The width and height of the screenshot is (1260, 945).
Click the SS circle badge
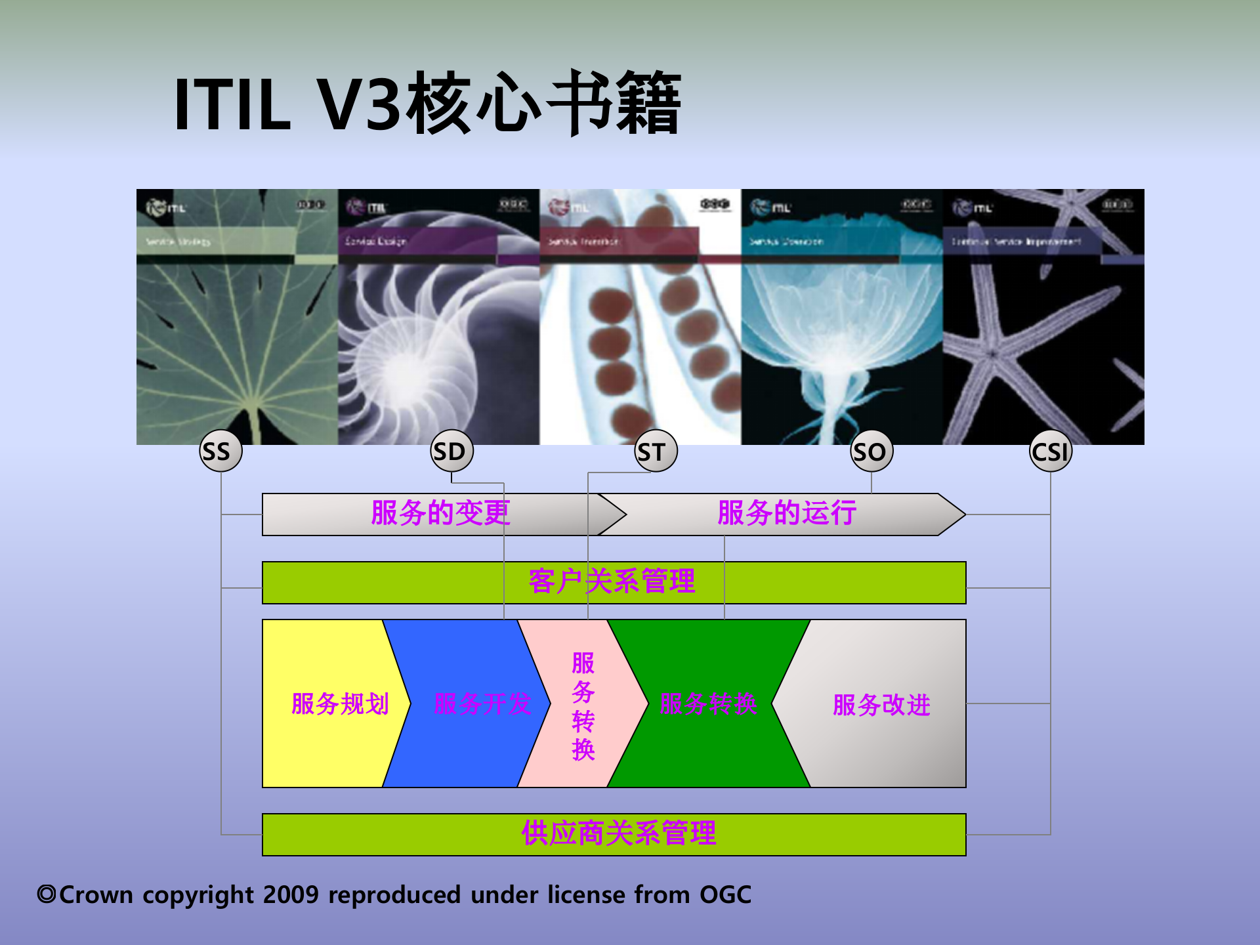(x=220, y=451)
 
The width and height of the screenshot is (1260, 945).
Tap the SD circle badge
(x=451, y=451)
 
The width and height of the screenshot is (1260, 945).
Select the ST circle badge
(x=656, y=451)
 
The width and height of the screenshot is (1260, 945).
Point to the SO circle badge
(x=871, y=451)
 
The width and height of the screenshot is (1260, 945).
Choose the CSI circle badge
(x=1050, y=451)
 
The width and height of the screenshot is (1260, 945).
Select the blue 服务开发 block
(x=472, y=704)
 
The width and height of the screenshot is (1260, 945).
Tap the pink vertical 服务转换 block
(x=583, y=705)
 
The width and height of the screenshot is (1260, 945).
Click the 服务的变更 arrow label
(x=440, y=513)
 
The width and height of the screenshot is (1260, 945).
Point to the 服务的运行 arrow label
(x=787, y=513)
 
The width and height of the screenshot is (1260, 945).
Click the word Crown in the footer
(x=96, y=895)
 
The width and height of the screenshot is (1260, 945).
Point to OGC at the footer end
(x=725, y=895)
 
